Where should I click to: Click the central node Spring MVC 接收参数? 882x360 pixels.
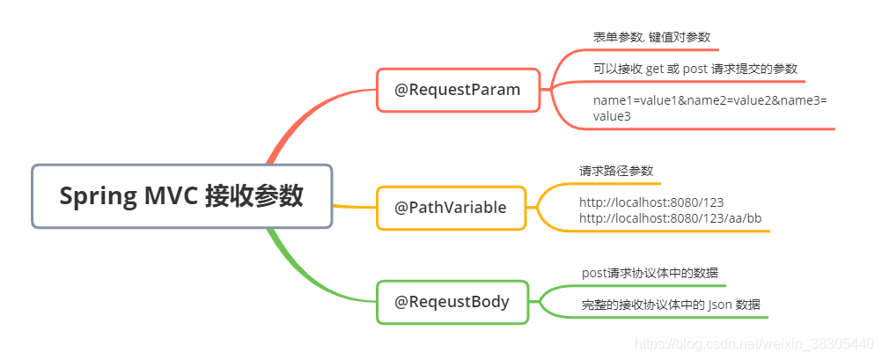pyautogui.click(x=181, y=196)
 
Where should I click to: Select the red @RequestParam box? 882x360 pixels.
pyautogui.click(x=458, y=90)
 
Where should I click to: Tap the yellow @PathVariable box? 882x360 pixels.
pyautogui.click(x=451, y=208)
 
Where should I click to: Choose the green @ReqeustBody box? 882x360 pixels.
pyautogui.click(x=452, y=302)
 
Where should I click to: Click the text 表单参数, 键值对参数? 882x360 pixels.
pyautogui.click(x=650, y=38)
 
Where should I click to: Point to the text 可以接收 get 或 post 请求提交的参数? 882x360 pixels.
pyautogui.click(x=695, y=69)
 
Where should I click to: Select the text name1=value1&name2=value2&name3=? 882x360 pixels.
pyautogui.click(x=709, y=101)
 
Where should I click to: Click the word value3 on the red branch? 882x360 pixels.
pyautogui.click(x=612, y=116)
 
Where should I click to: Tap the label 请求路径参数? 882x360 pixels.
pyautogui.click(x=616, y=171)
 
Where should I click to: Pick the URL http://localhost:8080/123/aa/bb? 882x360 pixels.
pyautogui.click(x=670, y=217)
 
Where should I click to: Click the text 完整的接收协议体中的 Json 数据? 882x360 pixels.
pyautogui.click(x=671, y=305)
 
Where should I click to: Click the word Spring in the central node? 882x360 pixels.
pyautogui.click(x=98, y=196)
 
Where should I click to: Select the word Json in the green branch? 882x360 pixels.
pyautogui.click(x=722, y=305)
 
